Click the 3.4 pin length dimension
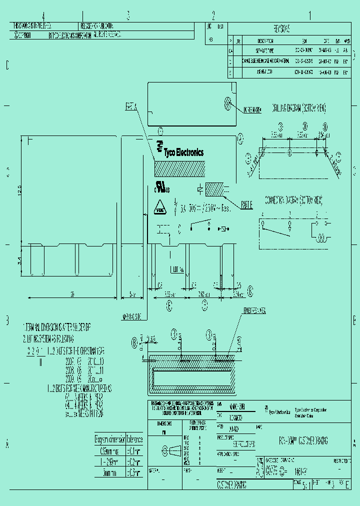[x=20, y=260]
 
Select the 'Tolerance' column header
[x=134, y=439]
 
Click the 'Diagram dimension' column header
[x=110, y=439]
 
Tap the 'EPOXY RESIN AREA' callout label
[x=256, y=311]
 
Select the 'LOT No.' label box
[x=176, y=269]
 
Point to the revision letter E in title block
[x=347, y=485]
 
